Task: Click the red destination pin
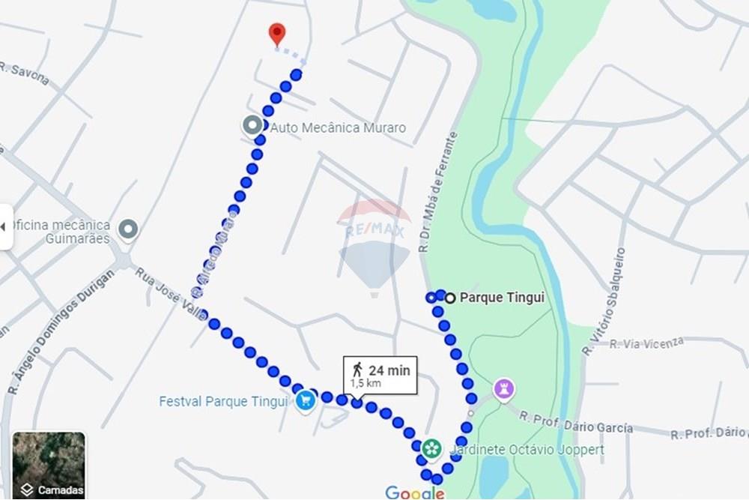click(x=277, y=33)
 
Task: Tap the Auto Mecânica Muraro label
click(x=338, y=128)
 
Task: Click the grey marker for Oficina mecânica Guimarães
click(x=129, y=229)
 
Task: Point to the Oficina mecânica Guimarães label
click(x=59, y=232)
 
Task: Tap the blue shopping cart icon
click(x=305, y=400)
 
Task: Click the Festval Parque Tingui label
click(x=223, y=402)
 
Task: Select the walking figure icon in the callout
click(x=357, y=369)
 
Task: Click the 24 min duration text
click(x=389, y=370)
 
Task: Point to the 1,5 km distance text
click(x=365, y=383)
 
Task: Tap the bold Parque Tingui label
click(x=502, y=298)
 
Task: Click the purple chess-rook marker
click(x=504, y=389)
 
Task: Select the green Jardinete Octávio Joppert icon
click(x=431, y=449)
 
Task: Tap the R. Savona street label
click(x=25, y=74)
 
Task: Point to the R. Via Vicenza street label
click(x=646, y=343)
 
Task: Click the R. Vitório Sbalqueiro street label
click(x=606, y=301)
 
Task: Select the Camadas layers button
click(x=49, y=466)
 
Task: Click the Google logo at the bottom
click(x=415, y=492)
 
